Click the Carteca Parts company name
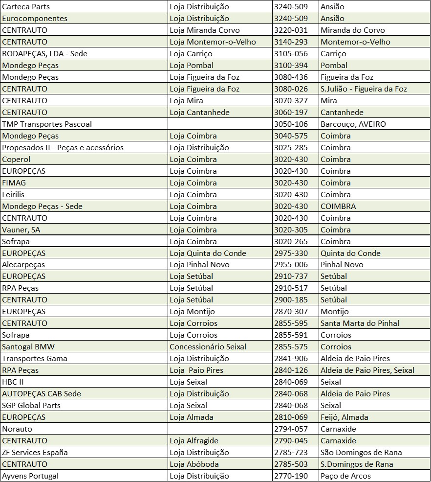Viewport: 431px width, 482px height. [26, 7]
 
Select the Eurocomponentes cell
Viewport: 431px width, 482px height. [35, 19]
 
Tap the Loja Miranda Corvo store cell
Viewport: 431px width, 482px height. [205, 30]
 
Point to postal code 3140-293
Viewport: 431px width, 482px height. [291, 42]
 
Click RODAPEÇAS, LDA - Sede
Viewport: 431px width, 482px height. [44, 54]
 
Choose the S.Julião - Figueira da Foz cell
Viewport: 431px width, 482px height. [364, 89]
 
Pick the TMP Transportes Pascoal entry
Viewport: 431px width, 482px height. [47, 124]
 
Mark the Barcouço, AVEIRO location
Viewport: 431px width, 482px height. [353, 124]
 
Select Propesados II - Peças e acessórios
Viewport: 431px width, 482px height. [63, 148]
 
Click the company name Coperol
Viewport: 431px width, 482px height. [16, 160]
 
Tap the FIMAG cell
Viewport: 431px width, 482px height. [14, 183]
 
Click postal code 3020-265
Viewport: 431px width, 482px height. [291, 242]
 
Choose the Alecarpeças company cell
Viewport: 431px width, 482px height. [23, 265]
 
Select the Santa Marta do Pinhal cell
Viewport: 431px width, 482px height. [360, 323]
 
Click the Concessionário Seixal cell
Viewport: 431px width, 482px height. [208, 347]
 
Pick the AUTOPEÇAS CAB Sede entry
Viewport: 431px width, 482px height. [42, 394]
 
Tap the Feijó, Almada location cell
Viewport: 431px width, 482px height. [344, 417]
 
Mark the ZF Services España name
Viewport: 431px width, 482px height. [35, 453]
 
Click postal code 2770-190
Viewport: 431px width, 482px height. [291, 476]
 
